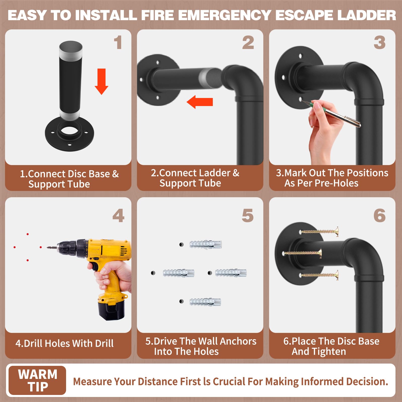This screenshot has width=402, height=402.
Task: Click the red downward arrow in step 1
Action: point(102,81)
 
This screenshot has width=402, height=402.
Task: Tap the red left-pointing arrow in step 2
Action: point(200,102)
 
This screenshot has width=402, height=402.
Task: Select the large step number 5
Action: point(248,215)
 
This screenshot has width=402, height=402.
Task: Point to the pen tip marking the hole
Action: point(301,101)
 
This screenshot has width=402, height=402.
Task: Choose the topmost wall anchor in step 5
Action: point(206,244)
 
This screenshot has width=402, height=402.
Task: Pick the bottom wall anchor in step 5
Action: point(205,301)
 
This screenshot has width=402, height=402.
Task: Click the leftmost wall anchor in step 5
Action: point(178,273)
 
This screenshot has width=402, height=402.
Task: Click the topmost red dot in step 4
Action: point(28,234)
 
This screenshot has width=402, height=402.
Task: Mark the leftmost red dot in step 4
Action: point(15,247)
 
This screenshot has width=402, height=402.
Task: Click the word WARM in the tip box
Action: point(38,374)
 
